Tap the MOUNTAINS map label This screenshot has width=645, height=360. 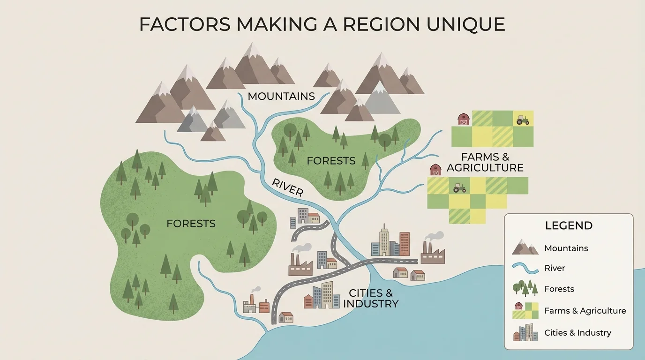(281, 97)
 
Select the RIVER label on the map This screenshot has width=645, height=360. (287, 187)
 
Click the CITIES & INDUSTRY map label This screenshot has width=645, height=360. (370, 299)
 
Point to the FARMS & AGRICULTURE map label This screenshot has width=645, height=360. (485, 162)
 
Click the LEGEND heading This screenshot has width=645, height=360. (569, 225)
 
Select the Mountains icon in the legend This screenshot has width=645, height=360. (525, 247)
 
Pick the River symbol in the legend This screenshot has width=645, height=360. (525, 268)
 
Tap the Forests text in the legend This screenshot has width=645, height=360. (559, 289)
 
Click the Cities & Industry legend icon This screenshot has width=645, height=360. (525, 332)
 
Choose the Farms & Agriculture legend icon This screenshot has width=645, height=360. (525, 310)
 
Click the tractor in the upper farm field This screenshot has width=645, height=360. (523, 120)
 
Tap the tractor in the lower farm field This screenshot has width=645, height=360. (459, 187)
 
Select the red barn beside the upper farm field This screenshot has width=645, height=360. (464, 119)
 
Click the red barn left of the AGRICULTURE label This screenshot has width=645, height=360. (435, 170)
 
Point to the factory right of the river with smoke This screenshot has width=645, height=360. (432, 252)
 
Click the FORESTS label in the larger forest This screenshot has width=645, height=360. (191, 224)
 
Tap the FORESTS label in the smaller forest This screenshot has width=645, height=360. (331, 161)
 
